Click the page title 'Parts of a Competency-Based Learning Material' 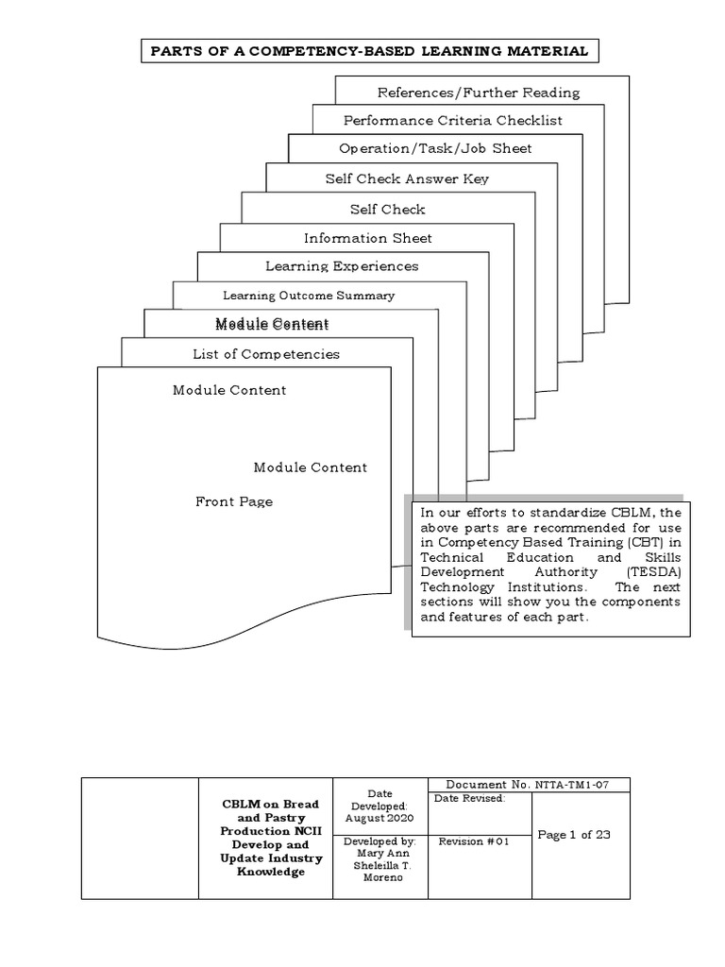point(369,51)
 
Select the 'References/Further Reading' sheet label point(478,93)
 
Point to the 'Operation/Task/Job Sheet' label point(435,148)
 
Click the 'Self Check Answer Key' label point(407,178)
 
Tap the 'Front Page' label point(234,501)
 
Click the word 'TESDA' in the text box point(647,572)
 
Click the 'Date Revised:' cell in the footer point(469,798)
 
